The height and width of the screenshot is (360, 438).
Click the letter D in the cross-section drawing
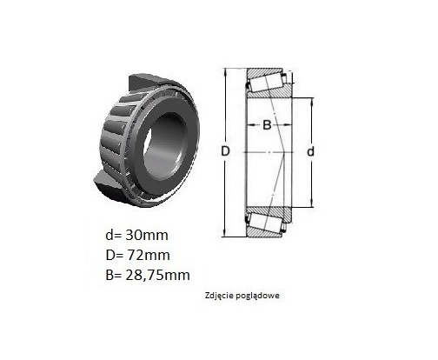pos(225,151)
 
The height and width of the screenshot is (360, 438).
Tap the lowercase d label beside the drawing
pos(310,151)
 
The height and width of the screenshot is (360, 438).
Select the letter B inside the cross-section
pos(267,125)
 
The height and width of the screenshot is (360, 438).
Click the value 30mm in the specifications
pos(147,235)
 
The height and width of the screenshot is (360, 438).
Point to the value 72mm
pos(149,255)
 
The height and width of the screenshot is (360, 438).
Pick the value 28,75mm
pos(158,275)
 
